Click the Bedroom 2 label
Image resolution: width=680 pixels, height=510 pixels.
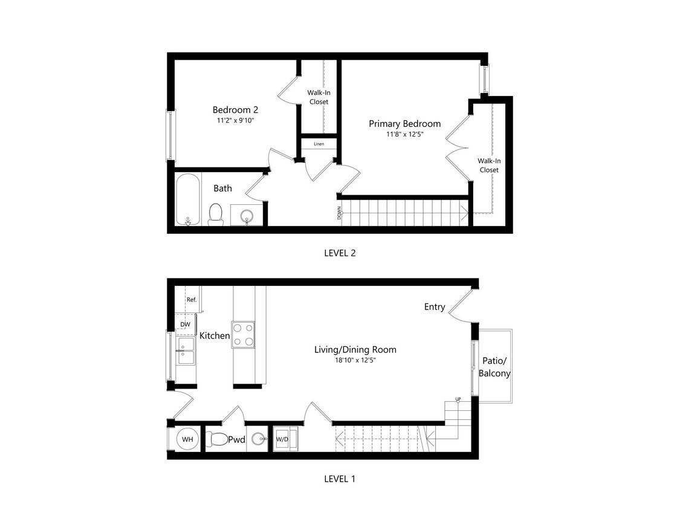[235, 110]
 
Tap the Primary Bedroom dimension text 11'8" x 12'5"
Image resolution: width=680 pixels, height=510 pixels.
[404, 135]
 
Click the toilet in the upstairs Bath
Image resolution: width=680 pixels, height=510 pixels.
[216, 214]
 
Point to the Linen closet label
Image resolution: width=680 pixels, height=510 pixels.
[319, 144]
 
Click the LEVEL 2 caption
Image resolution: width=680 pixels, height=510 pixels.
[340, 253]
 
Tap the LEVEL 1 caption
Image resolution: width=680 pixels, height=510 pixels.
[340, 479]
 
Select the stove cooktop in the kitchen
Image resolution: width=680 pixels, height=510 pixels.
[244, 334]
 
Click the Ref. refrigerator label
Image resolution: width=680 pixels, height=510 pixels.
[191, 300]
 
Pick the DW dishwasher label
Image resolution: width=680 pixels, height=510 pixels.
[185, 324]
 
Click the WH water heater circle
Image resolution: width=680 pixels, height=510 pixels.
[187, 439]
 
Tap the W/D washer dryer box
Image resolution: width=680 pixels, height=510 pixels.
[282, 439]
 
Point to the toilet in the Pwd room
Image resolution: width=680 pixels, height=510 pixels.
[217, 439]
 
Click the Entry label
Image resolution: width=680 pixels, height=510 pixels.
[435, 307]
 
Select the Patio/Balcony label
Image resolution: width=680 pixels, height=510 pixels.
[494, 367]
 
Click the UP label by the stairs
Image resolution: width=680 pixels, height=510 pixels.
[458, 399]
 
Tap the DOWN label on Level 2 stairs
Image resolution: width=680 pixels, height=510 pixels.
[340, 213]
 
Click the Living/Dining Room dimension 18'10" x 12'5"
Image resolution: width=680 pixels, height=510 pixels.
[355, 361]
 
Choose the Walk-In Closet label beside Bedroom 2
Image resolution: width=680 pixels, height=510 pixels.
[319, 97]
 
